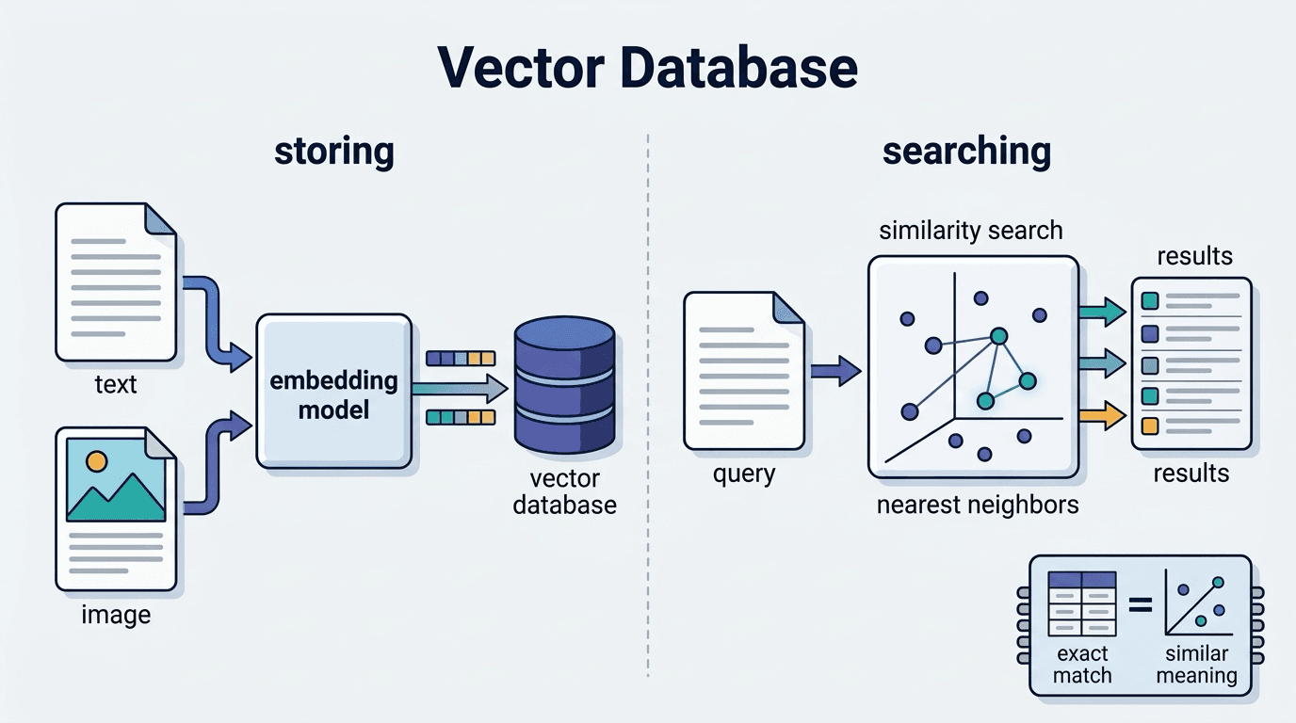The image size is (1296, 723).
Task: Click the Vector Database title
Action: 647,68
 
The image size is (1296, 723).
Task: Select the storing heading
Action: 333,151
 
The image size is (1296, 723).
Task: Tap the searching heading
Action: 966,153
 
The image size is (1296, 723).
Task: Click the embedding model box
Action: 334,391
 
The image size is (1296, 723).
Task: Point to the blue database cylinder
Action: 565,384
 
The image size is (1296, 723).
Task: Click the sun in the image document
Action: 96,461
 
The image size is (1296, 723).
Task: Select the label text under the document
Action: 116,384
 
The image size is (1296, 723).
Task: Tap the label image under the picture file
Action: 116,614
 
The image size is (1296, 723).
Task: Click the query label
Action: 744,474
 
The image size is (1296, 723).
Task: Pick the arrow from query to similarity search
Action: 835,371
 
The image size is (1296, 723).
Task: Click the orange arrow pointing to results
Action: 1102,415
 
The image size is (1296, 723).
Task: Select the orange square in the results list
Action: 1150,426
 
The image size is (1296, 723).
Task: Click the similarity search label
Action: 971,231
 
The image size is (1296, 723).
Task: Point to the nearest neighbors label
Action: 978,505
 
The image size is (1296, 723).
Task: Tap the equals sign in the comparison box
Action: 1141,605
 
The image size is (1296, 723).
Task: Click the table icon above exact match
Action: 1082,603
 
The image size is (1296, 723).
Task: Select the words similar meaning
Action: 1196,665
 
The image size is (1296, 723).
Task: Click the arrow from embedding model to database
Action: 460,388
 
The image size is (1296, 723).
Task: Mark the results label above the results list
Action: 1194,256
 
